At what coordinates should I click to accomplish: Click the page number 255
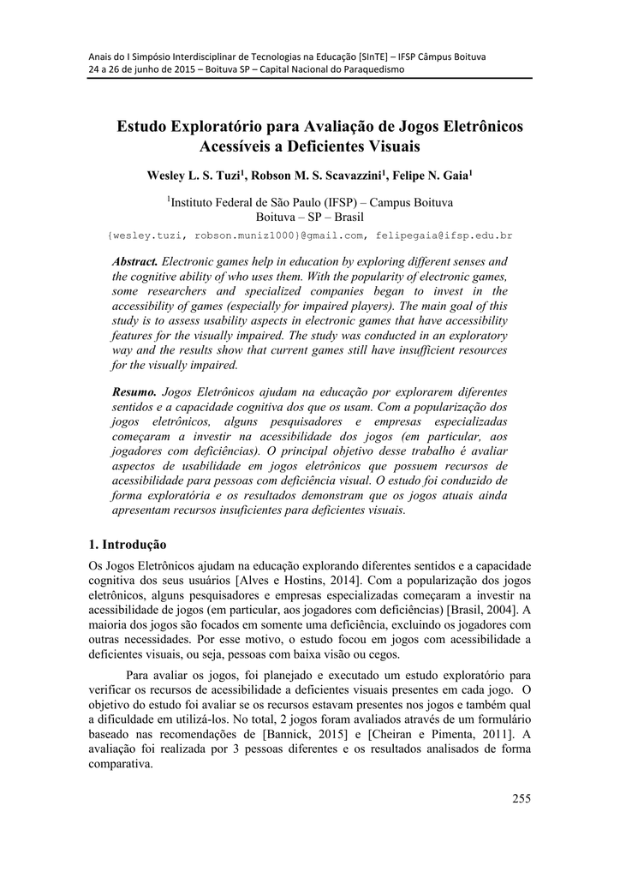522,799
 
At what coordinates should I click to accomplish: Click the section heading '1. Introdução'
128,544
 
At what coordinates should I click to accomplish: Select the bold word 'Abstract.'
135,260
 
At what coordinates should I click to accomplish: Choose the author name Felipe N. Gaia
431,176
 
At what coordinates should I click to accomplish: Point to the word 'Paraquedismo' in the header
367,69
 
